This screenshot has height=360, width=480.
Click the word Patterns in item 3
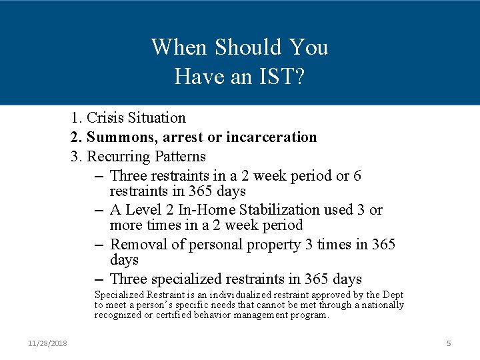pos(180,157)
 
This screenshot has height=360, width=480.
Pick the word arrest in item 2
pos(182,137)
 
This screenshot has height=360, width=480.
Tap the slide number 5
pos(449,343)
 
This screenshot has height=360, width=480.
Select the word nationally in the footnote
pos(381,305)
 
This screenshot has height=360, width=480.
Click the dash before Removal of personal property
pos(99,245)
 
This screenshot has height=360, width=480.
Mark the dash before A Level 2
pos(99,210)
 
